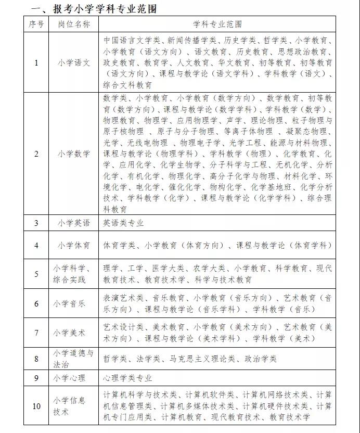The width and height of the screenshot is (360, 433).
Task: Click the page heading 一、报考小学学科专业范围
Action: tap(94, 9)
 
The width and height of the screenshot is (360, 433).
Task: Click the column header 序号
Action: tap(36, 24)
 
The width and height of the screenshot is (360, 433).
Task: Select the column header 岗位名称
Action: tap(73, 24)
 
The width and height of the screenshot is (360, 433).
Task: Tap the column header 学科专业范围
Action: tap(217, 24)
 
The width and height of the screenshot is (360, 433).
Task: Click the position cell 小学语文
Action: tap(73, 62)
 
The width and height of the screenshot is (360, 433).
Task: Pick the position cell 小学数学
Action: tap(73, 154)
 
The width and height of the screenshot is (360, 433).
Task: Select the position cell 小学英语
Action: tap(73, 223)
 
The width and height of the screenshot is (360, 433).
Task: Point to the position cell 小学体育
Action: tap(73, 245)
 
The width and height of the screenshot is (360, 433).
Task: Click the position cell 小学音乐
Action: tap(73, 303)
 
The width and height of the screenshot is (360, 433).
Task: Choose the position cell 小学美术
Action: tap(73, 333)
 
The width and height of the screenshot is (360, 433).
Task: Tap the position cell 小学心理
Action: tap(71, 378)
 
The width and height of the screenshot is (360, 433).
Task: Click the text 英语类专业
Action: tap(123, 223)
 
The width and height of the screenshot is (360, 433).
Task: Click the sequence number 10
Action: tap(36, 406)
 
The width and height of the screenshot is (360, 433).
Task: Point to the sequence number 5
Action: tap(36, 274)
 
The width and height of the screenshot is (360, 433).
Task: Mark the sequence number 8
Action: tap(36, 359)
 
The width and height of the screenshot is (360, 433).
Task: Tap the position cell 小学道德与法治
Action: tap(73, 359)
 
